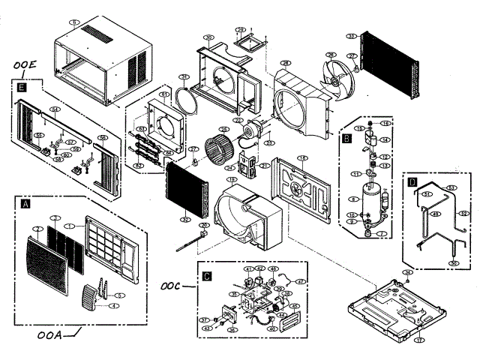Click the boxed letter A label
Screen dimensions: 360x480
point(27,203)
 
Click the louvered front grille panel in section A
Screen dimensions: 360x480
point(47,259)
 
